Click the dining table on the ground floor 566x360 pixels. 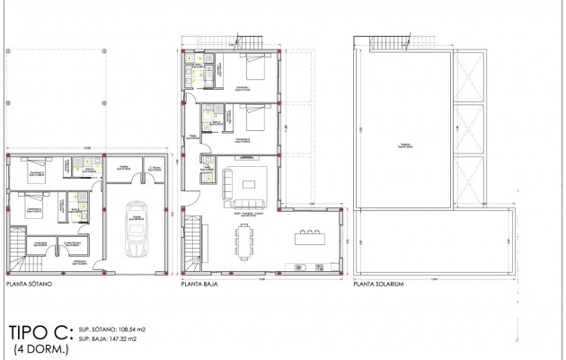245,240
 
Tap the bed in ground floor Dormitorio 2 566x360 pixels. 256,117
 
